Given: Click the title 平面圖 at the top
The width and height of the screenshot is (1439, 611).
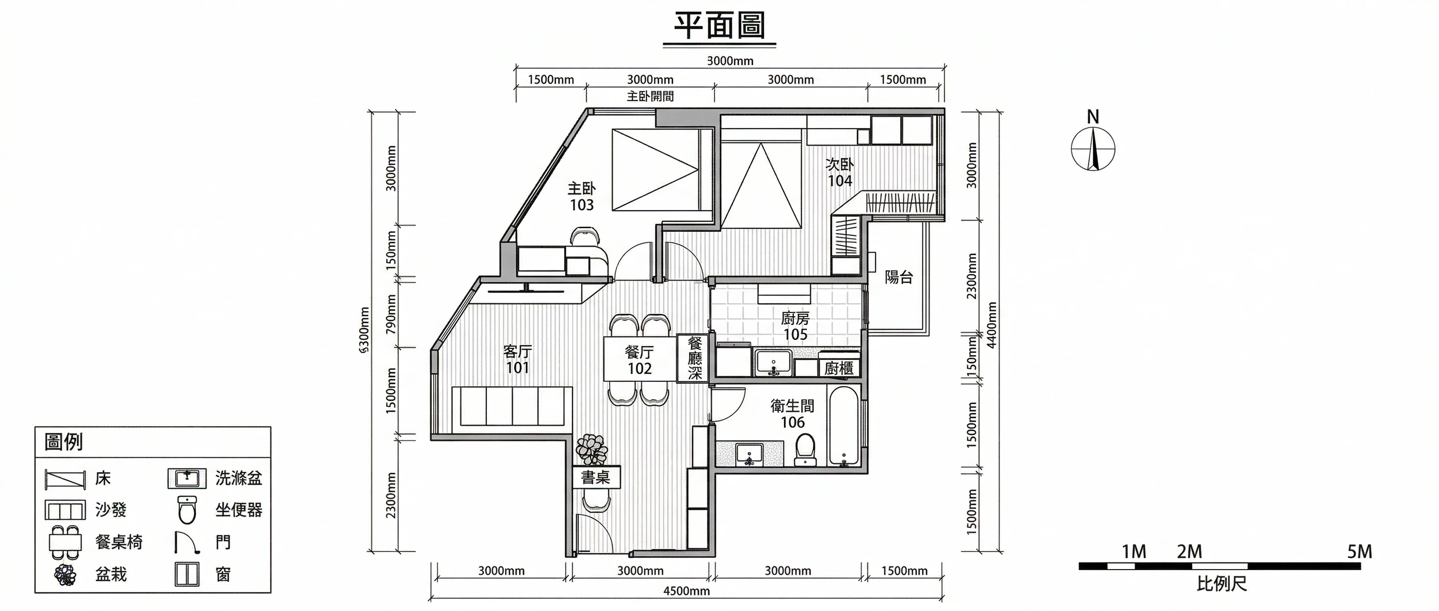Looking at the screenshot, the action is point(719,26).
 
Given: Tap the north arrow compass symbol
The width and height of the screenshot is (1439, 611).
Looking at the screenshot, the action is point(1093,148).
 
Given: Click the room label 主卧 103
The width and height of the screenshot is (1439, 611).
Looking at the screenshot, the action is point(581,197).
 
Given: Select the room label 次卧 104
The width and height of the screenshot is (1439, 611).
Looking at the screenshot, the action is point(839,173).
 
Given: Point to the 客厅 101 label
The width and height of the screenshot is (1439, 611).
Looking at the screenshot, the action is point(517,360).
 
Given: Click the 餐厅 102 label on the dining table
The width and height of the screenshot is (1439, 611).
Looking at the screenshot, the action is point(640,361).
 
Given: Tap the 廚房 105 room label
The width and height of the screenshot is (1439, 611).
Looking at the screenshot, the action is point(795,326).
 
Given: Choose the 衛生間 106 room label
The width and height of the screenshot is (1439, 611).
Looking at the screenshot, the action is point(792,414).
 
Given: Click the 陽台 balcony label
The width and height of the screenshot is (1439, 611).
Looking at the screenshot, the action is point(899,277).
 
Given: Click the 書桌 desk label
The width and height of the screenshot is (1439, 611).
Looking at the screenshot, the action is point(595,477).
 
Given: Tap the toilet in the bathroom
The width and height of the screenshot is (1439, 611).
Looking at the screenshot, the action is point(805,451).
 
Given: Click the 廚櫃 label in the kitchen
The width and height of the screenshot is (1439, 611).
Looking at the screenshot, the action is point(839,368).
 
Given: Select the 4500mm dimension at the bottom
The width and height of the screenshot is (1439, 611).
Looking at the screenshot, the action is point(686,591).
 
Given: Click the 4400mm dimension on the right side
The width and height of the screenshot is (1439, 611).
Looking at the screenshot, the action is point(992,325).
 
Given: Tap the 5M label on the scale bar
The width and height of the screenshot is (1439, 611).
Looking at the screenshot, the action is point(1360,552).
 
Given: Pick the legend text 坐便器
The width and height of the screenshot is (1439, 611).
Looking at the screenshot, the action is point(239,510).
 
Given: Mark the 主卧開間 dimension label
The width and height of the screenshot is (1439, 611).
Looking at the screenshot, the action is point(650,96).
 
